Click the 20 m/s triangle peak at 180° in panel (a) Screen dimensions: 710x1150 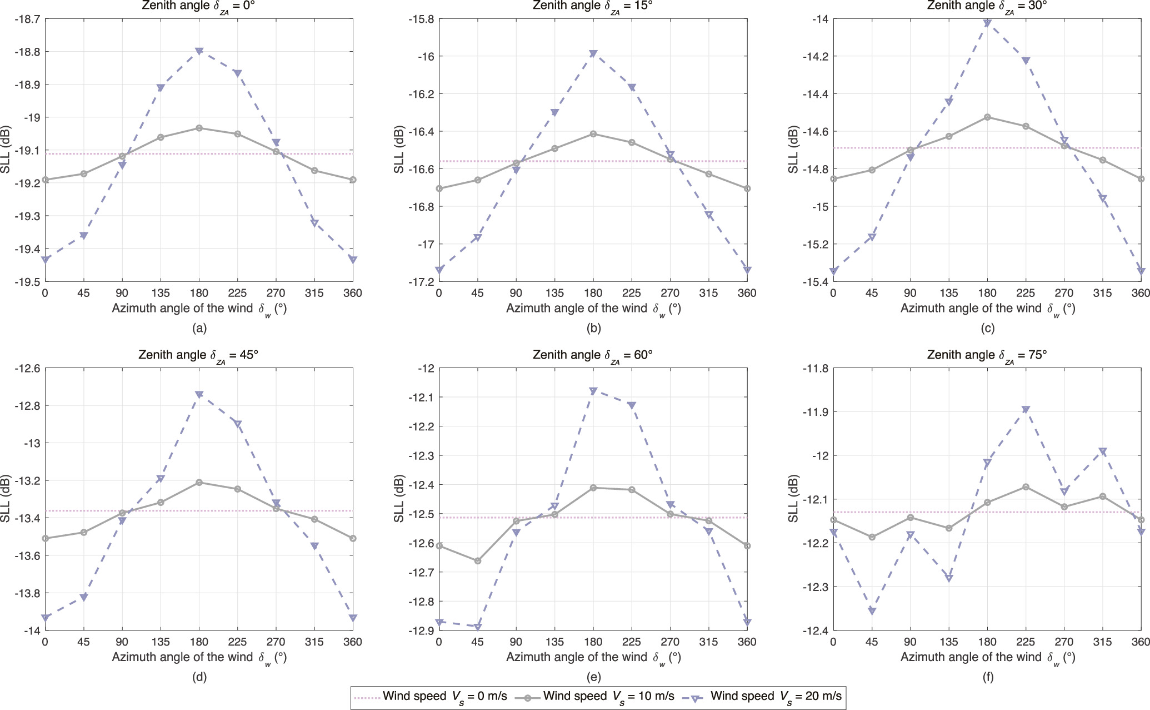point(199,51)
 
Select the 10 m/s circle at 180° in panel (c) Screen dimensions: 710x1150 point(987,117)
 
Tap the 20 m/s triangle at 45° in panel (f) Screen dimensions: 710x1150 point(872,611)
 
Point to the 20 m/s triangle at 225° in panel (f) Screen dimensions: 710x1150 point(1026,409)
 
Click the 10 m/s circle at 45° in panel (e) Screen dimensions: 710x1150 point(477,560)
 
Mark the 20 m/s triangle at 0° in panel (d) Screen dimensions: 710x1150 point(45,617)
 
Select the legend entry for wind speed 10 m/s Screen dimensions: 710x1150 point(594,696)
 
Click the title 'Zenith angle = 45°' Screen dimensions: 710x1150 point(198,355)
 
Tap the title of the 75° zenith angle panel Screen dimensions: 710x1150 point(987,355)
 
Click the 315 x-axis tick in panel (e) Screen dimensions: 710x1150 point(708,642)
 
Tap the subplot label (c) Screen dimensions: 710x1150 point(987,328)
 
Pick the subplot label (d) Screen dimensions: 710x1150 point(199,677)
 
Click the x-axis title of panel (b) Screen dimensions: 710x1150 point(593,308)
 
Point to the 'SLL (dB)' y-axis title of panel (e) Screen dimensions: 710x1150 point(399,499)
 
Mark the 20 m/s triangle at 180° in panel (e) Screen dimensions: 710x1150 point(593,391)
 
